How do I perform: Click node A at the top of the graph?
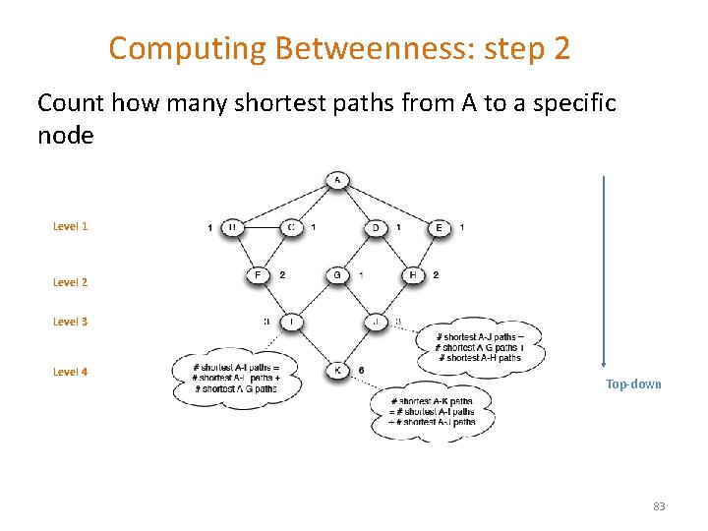tap(336, 180)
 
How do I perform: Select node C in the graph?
tap(291, 227)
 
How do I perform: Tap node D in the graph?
tap(377, 227)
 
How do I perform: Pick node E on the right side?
tap(439, 227)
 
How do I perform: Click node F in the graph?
tap(258, 275)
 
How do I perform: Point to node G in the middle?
tap(336, 275)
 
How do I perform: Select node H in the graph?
tap(413, 275)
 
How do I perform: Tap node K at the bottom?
tap(336, 370)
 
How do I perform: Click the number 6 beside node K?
tap(363, 370)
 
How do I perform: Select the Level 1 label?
tap(70, 226)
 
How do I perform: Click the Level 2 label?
tap(70, 282)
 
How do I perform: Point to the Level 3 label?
tap(70, 322)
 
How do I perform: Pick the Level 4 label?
tap(70, 372)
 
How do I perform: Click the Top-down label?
tap(633, 384)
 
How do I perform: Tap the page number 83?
tap(659, 506)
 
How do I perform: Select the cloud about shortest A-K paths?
tap(432, 412)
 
